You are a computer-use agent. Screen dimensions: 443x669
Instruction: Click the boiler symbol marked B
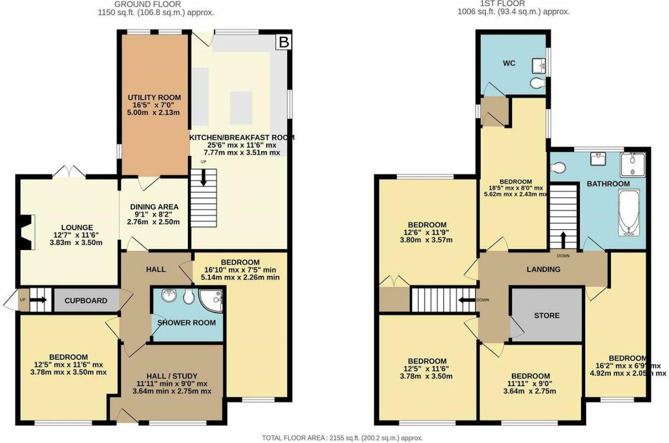click(x=283, y=41)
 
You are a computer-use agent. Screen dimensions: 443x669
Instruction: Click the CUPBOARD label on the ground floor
click(x=86, y=300)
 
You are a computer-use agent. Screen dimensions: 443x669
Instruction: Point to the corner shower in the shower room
click(x=215, y=298)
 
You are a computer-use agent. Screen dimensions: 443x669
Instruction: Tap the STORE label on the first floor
click(x=546, y=315)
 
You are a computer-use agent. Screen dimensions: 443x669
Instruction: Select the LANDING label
click(x=543, y=269)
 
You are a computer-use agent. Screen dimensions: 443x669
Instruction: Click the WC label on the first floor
click(x=509, y=63)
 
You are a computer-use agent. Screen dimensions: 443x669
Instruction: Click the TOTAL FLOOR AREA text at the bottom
click(x=342, y=438)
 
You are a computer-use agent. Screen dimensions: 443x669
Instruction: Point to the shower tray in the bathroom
click(x=633, y=164)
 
